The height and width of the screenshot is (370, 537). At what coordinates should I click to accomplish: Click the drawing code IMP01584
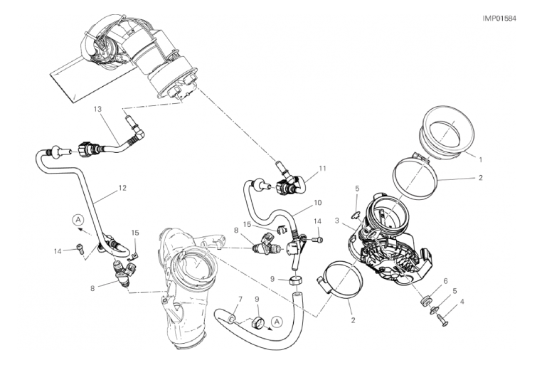(499, 18)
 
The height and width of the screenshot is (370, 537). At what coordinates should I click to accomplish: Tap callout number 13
(97, 110)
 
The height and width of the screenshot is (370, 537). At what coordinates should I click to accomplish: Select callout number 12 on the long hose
(122, 188)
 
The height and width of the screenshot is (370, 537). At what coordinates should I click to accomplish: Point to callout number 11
(322, 168)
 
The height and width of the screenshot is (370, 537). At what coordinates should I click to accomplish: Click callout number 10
(318, 203)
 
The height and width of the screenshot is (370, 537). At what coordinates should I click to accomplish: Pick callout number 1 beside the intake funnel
(481, 159)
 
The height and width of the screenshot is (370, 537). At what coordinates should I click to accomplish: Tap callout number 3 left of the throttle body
(337, 221)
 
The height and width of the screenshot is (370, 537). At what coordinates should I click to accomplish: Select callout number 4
(462, 302)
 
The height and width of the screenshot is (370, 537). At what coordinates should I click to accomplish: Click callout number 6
(445, 281)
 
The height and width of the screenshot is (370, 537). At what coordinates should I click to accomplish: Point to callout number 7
(240, 300)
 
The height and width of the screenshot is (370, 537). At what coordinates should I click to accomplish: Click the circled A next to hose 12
(78, 219)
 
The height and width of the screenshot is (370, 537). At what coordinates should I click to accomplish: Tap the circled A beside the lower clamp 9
(277, 322)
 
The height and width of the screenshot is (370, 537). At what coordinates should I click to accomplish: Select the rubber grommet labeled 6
(425, 301)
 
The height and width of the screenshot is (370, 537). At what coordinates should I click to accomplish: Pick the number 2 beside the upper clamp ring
(481, 177)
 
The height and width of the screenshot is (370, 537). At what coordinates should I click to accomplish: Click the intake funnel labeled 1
(447, 131)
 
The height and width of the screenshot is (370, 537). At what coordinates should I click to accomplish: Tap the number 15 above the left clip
(135, 233)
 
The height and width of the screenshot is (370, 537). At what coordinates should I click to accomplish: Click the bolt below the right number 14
(318, 240)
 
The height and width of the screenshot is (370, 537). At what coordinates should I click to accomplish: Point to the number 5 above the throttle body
(357, 189)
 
